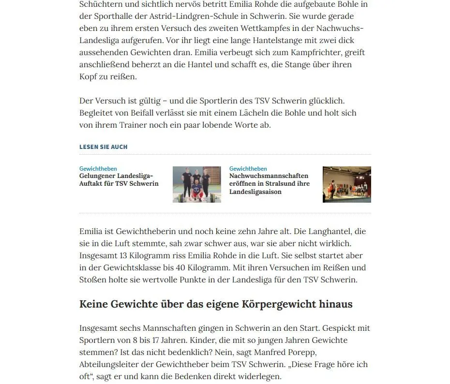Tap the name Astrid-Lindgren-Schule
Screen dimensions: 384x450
[x=195, y=16]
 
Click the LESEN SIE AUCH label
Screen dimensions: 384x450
[x=104, y=147]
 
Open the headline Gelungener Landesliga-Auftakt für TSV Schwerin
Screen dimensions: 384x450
[x=119, y=179]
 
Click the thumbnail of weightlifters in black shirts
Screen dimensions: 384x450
[x=196, y=184]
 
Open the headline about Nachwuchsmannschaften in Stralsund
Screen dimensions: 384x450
[x=269, y=183]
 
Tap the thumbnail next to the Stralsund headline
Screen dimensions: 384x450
[x=346, y=184]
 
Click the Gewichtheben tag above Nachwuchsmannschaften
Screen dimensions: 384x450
[x=248, y=169]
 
